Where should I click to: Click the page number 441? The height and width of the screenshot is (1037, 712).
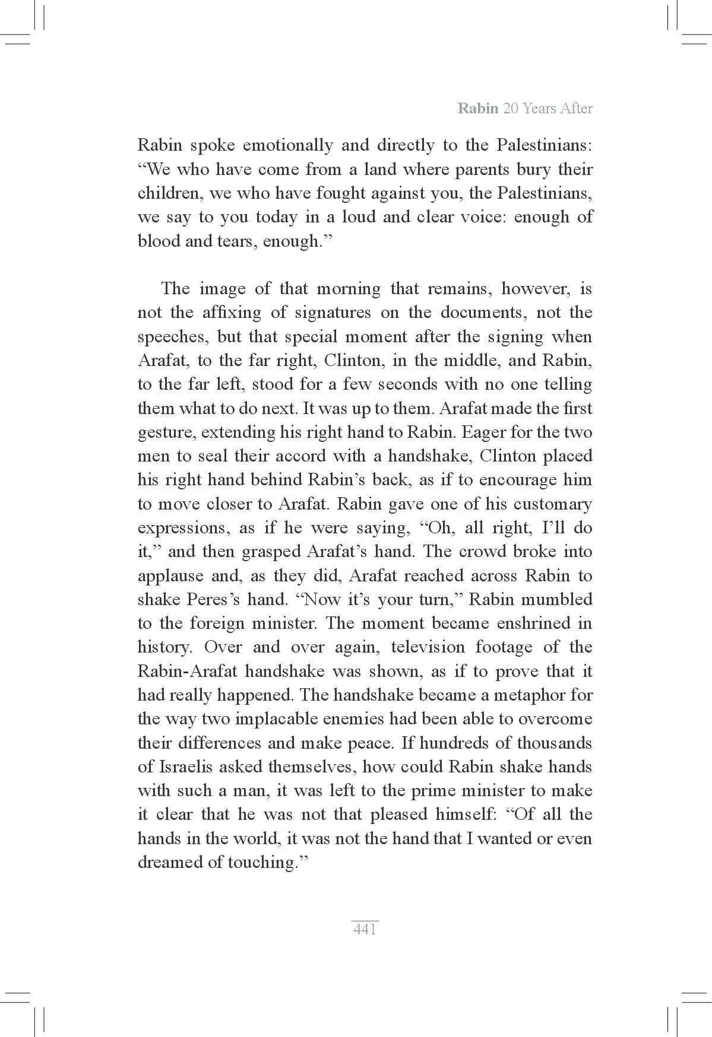pyautogui.click(x=365, y=930)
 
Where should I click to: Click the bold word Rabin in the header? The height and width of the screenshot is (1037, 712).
pyautogui.click(x=478, y=109)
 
